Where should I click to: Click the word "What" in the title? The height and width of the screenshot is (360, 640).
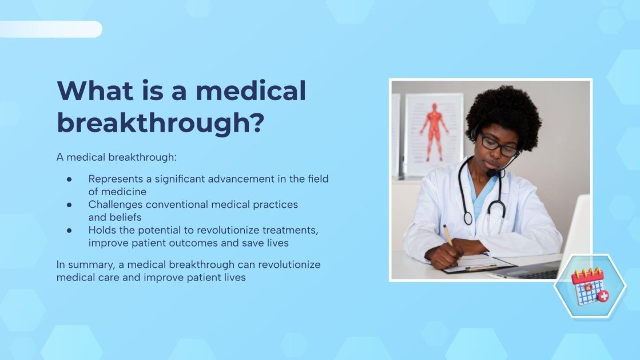pyautogui.click(x=95, y=90)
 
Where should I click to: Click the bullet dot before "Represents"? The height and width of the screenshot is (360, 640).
pyautogui.click(x=69, y=179)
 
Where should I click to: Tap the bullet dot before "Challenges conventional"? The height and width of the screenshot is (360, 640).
pyautogui.click(x=69, y=205)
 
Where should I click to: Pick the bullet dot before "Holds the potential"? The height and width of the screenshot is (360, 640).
pyautogui.click(x=69, y=231)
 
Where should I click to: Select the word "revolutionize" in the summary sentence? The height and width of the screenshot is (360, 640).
pyautogui.click(x=289, y=264)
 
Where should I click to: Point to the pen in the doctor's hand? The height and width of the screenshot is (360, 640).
pyautogui.click(x=447, y=235)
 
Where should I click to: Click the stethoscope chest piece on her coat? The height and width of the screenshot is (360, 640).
pyautogui.click(x=468, y=218)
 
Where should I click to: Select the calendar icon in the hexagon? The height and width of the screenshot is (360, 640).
pyautogui.click(x=590, y=286)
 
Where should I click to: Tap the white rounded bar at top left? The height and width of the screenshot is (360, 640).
pyautogui.click(x=51, y=29)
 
